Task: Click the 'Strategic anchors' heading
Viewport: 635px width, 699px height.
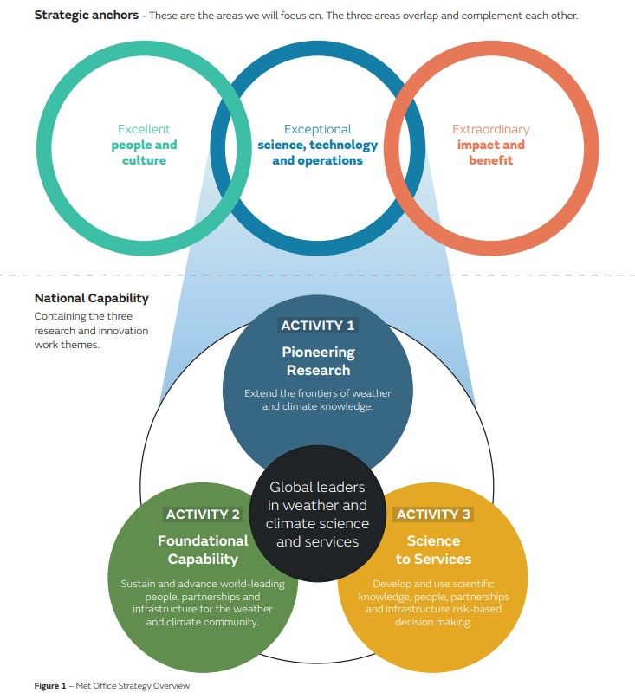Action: [x=86, y=16]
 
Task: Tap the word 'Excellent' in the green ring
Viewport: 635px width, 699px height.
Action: [x=144, y=129]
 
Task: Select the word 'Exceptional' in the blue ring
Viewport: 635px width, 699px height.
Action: [x=317, y=129]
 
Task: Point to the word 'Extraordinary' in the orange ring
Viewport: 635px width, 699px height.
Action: [x=490, y=129]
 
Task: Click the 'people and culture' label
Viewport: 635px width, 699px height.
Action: [x=144, y=152]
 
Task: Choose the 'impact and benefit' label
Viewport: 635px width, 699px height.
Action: [x=490, y=152]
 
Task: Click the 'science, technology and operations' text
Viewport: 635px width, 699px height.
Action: [x=317, y=152]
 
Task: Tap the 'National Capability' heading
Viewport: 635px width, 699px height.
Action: [x=91, y=298]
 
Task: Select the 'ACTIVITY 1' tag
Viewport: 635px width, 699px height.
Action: [x=317, y=326]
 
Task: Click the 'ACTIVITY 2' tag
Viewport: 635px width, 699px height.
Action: [x=203, y=515]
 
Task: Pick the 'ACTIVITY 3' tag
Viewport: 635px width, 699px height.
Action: [x=433, y=515]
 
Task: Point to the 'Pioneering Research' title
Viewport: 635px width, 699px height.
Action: [x=317, y=361]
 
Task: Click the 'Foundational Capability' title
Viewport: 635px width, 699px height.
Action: [x=203, y=549]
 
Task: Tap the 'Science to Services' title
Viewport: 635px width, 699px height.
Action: [x=433, y=549]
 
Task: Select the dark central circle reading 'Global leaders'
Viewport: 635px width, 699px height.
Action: [x=317, y=515]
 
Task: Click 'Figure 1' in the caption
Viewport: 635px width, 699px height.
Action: [x=50, y=686]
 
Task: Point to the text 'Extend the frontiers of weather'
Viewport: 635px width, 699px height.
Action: [x=317, y=393]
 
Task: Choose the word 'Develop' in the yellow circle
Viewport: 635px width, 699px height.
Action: [x=391, y=584]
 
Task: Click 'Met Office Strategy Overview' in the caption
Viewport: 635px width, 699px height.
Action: [x=133, y=686]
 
